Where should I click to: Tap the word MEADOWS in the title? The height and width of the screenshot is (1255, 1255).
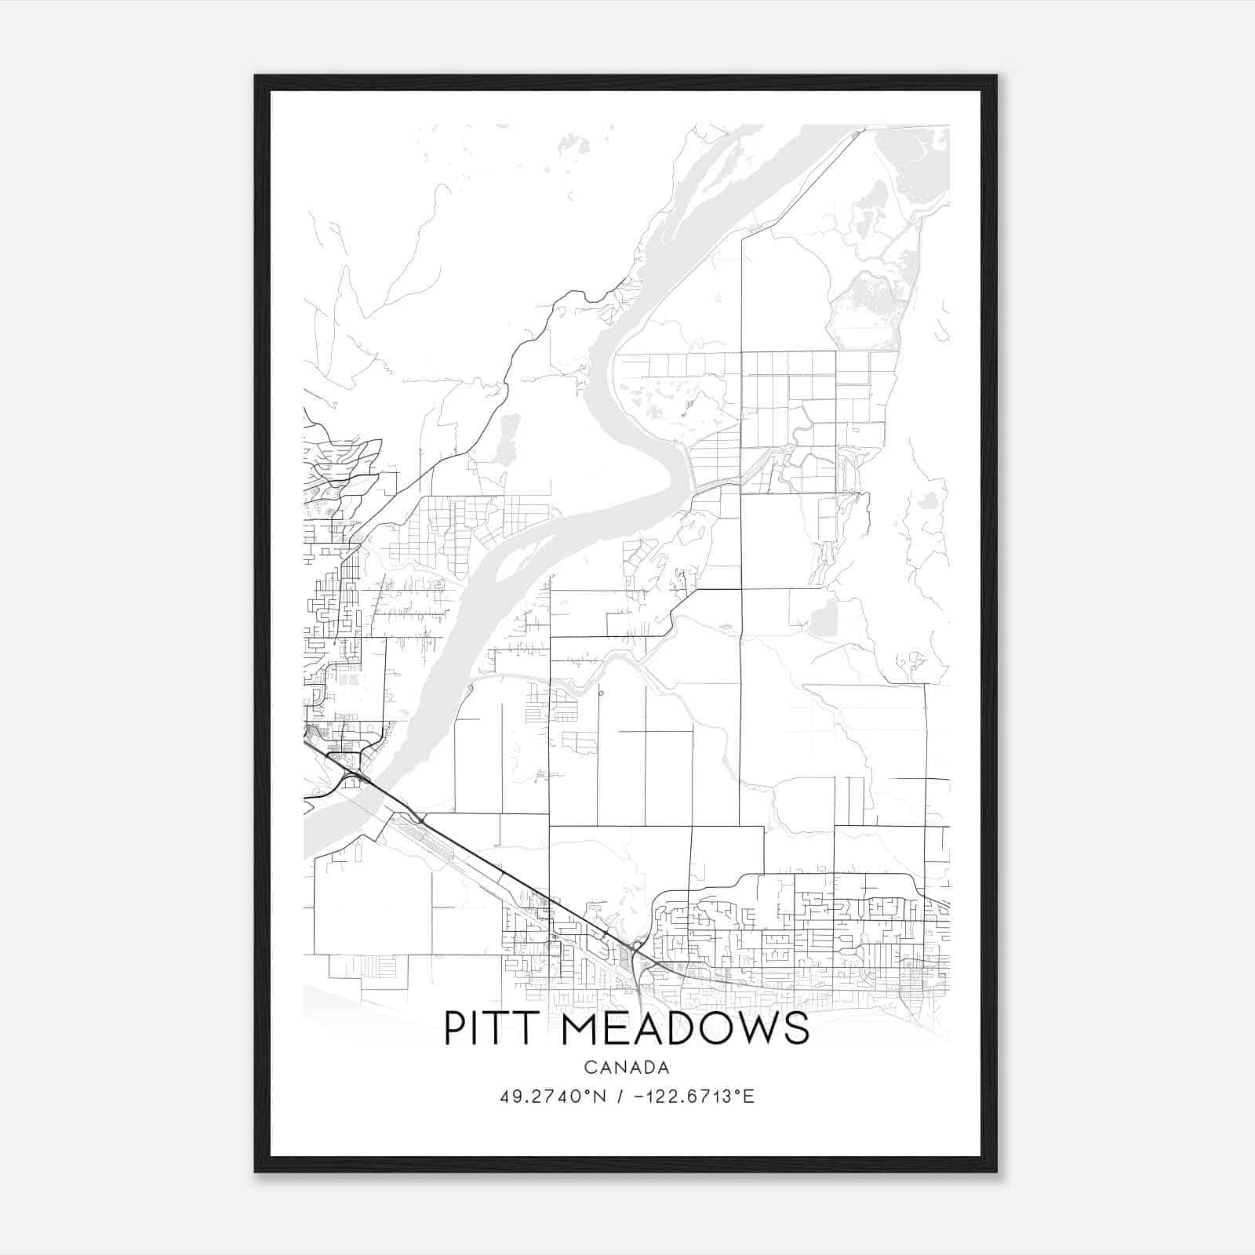pos(685,1028)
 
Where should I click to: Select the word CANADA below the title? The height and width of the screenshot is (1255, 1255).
pos(626,1068)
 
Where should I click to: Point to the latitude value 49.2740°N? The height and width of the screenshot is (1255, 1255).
pos(553,1097)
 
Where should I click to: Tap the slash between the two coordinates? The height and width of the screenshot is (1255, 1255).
pos(620,1097)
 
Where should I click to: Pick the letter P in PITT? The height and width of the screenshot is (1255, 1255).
pos(457,1028)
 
